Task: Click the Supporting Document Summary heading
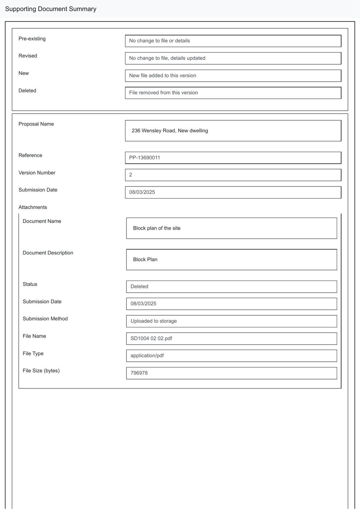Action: point(51,9)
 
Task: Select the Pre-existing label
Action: point(32,38)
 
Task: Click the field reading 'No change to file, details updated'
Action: point(233,58)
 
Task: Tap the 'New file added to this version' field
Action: point(233,76)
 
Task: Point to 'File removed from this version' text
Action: point(164,93)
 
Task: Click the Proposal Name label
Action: point(36,124)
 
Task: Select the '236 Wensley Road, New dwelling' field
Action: point(233,131)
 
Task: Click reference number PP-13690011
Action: point(145,158)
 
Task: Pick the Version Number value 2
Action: point(131,175)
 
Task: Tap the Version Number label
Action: point(37,173)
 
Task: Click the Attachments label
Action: point(32,207)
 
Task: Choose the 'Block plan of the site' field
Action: point(231,228)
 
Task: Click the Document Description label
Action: point(48,253)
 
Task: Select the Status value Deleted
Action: point(139,287)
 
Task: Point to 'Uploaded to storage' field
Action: point(231,321)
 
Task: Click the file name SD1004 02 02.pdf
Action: point(151,338)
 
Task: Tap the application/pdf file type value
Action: point(147,356)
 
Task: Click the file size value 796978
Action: point(139,373)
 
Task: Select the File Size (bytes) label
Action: point(41,371)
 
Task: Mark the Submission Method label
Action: point(45,318)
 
